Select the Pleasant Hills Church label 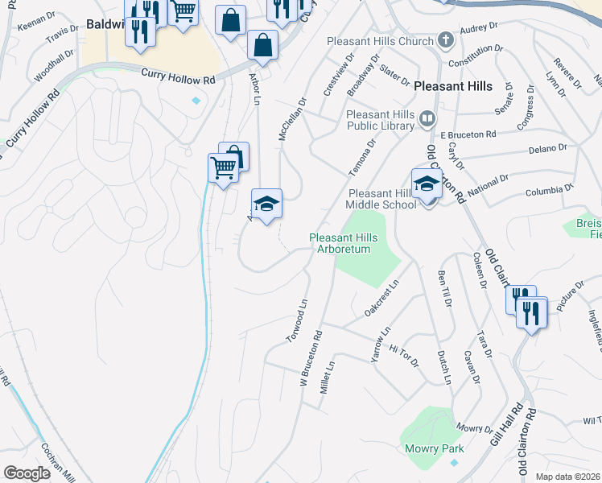(381, 41)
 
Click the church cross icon (445, 40)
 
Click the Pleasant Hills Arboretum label (341, 243)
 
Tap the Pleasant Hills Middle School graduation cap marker (427, 184)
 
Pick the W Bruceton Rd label (311, 357)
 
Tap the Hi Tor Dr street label (404, 353)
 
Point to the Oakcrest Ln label (382, 298)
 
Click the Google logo (27, 473)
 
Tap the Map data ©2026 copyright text (567, 477)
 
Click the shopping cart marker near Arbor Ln (222, 167)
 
